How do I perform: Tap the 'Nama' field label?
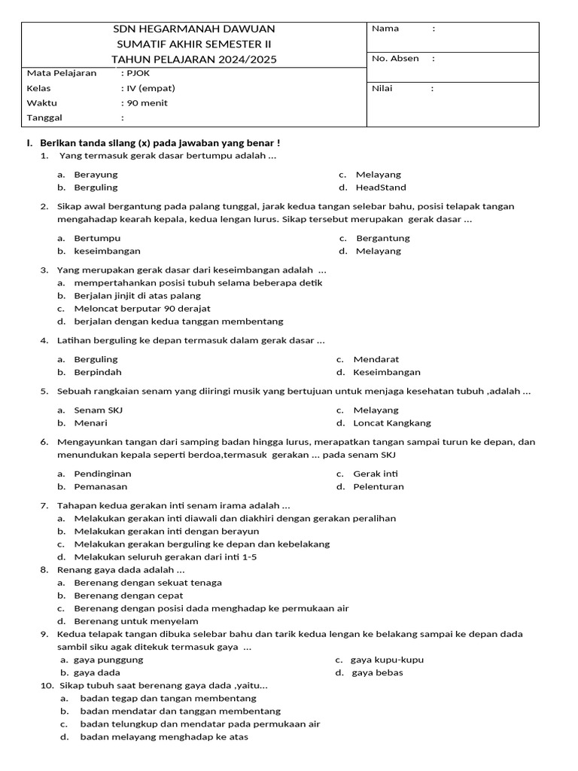point(385,29)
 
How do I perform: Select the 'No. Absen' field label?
point(395,59)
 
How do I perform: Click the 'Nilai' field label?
point(382,89)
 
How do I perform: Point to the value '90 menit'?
point(148,103)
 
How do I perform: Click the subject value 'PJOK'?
point(138,73)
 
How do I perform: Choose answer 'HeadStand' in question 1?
point(381,187)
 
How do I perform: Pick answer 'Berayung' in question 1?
point(96,175)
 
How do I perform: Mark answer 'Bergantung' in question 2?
point(382,238)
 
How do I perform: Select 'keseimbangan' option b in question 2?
point(107,251)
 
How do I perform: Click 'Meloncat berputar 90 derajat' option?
point(142,309)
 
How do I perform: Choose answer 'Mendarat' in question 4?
point(376,359)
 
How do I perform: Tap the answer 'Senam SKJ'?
point(98,410)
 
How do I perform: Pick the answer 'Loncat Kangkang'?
point(392,423)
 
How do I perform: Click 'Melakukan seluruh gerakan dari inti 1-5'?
point(165,556)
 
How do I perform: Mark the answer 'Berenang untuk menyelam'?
point(136,621)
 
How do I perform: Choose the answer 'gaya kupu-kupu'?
point(387,660)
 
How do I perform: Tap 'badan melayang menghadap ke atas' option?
point(163,737)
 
